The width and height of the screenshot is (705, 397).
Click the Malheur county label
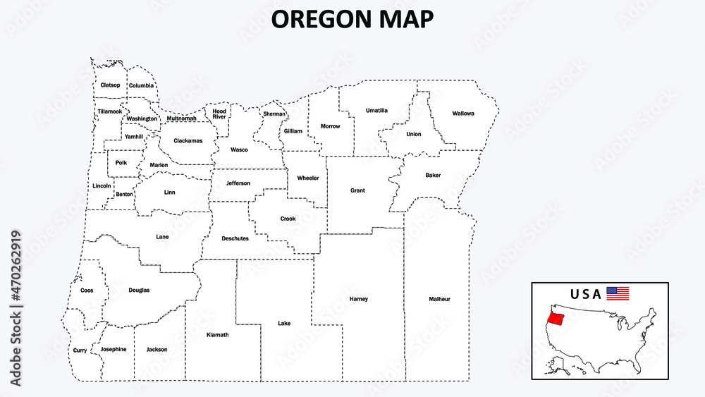coord(439,299)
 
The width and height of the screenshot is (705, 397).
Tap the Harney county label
coord(358,299)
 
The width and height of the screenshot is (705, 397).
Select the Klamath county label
coord(217,334)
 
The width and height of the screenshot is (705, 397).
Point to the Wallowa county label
coord(463,113)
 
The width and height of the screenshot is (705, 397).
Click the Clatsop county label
coord(110,85)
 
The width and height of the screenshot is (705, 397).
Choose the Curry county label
coord(80,350)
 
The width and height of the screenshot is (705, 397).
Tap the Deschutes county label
coord(235,238)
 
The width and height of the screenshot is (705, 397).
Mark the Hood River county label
coord(219,114)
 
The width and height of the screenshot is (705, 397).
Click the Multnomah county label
coord(182,118)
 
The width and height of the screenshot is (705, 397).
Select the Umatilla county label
coord(376,110)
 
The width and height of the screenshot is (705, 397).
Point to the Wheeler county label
coord(308,178)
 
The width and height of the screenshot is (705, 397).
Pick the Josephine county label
coord(114,349)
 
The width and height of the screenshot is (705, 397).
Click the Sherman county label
coord(274,114)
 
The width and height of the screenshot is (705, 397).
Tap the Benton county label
coord(124,194)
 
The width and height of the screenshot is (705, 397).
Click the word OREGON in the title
coord(317,19)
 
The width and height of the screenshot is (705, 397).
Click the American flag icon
coord(618,293)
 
